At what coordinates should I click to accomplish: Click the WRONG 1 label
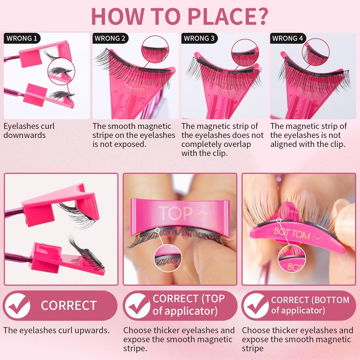pyautogui.click(x=22, y=38)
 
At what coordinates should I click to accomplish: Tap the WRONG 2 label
pyautogui.click(x=110, y=38)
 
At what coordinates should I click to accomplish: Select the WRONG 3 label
pyautogui.click(x=199, y=38)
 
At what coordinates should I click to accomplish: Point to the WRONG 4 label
pyautogui.click(x=288, y=38)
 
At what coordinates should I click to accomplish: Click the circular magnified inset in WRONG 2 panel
pyautogui.click(x=155, y=49)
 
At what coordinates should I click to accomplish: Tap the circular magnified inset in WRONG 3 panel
pyautogui.click(x=245, y=53)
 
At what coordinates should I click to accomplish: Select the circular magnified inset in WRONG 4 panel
pyautogui.click(x=316, y=52)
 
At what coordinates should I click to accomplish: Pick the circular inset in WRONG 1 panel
pyautogui.click(x=60, y=72)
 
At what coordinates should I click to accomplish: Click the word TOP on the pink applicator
pyautogui.click(x=175, y=213)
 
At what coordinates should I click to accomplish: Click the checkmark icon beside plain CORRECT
pyautogui.click(x=18, y=306)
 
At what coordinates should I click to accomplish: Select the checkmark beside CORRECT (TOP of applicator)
pyautogui.click(x=138, y=306)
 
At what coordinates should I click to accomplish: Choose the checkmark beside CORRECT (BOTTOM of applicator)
pyautogui.click(x=256, y=306)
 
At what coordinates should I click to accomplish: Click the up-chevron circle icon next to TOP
pyautogui.click(x=202, y=213)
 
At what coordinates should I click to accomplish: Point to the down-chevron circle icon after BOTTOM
pyautogui.click(x=317, y=238)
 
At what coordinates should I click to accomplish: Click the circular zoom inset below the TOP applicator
pyautogui.click(x=167, y=258)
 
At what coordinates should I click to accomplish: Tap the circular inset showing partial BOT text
pyautogui.click(x=292, y=259)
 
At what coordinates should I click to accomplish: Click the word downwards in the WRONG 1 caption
pyautogui.click(x=25, y=135)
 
